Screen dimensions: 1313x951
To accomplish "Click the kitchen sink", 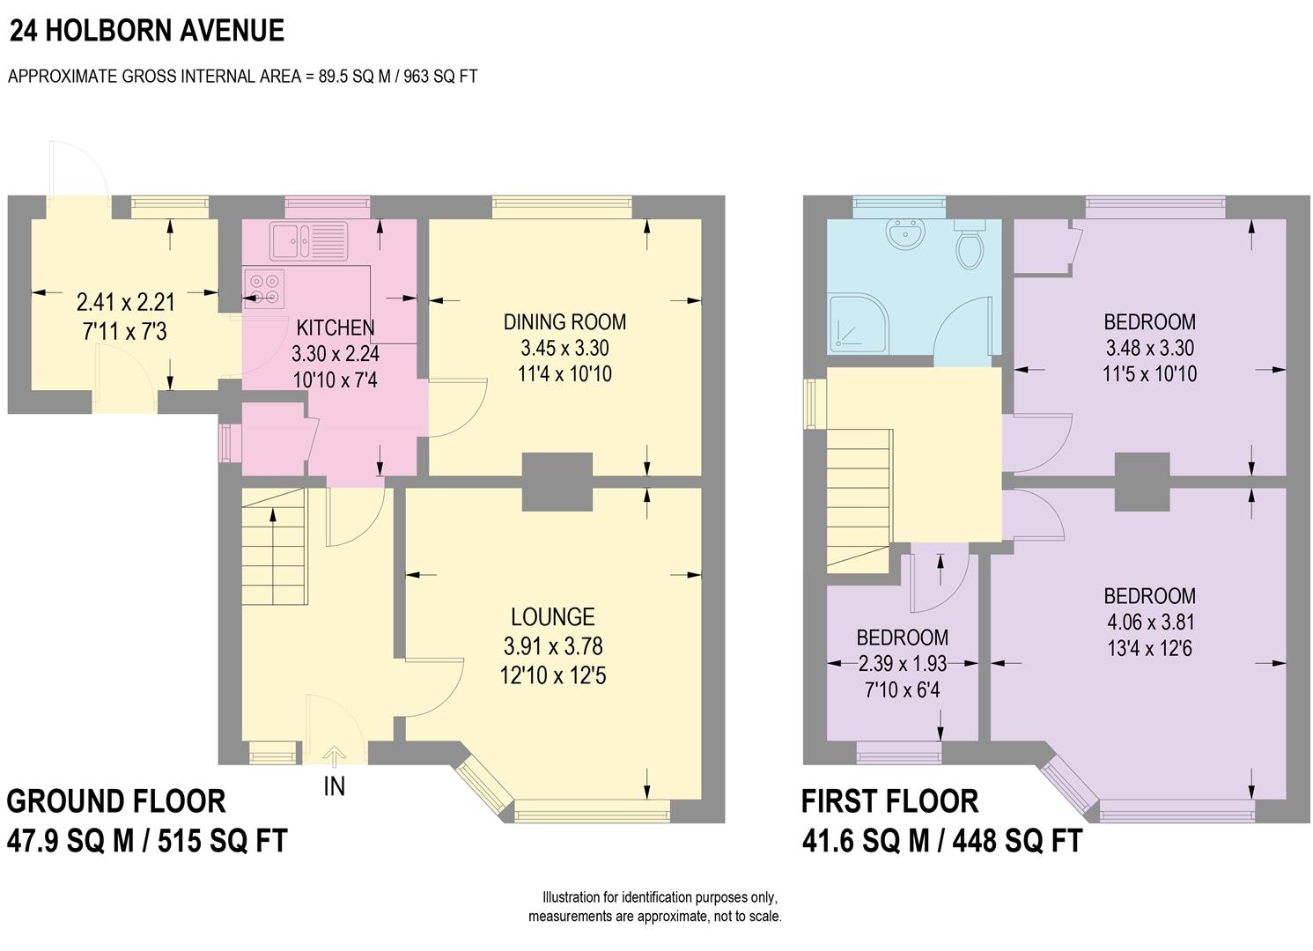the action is [308, 240].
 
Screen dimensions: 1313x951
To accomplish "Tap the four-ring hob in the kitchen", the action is [264, 289].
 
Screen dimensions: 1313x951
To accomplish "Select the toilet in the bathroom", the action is [970, 244].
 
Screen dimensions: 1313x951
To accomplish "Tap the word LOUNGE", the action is [553, 617].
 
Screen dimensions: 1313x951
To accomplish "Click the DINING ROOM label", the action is [565, 321].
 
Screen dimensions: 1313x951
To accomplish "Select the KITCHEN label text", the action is [336, 328].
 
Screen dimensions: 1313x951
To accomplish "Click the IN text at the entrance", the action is [334, 787].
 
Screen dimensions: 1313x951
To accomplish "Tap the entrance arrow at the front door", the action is [334, 756].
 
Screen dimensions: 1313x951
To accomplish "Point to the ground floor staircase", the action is [275, 547].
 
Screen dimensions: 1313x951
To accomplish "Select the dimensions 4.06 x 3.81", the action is [1149, 623].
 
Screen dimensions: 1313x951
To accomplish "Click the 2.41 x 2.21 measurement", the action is [125, 302].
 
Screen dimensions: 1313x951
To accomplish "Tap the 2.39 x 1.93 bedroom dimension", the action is [902, 664].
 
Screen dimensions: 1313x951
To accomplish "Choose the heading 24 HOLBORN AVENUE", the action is [147, 31].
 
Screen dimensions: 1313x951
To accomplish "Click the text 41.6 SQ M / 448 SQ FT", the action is [942, 842].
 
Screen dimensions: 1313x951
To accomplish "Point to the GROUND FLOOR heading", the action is [116, 801].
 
